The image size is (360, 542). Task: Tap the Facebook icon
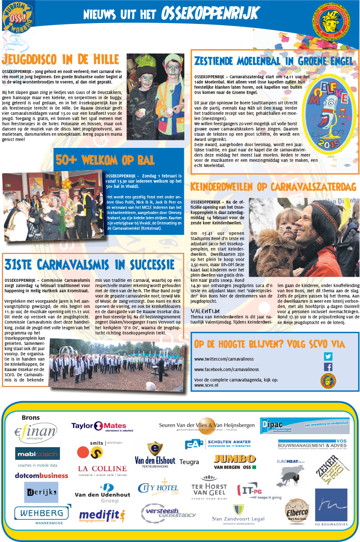point(328,367)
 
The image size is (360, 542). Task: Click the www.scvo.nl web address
point(206,385)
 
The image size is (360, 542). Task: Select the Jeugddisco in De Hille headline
point(60,59)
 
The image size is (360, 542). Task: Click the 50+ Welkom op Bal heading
point(105,160)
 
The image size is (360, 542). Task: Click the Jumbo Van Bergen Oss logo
point(235,462)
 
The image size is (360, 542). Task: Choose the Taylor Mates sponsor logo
point(99,426)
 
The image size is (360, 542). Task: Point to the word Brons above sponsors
point(31,418)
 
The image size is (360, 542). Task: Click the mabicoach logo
point(37,454)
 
